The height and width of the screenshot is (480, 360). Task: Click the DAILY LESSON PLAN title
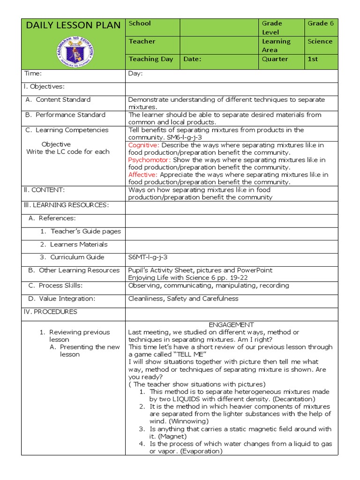[x=73, y=25]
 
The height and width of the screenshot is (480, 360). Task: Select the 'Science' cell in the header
[x=320, y=41]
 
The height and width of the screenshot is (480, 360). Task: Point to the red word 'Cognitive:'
[x=144, y=145]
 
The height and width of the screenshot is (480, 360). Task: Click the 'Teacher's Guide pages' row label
[x=85, y=231]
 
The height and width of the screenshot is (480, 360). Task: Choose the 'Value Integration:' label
[x=67, y=299]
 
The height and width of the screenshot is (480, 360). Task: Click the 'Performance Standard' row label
[x=70, y=115]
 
